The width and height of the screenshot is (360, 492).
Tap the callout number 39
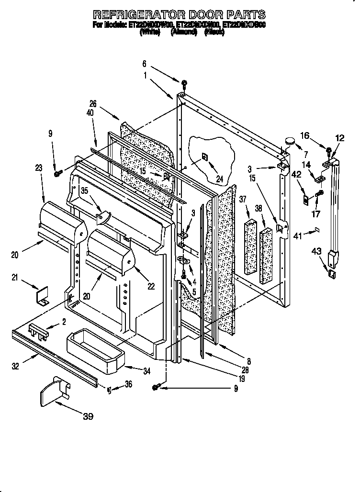[x=88, y=416]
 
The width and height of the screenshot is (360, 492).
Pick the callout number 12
[x=340, y=139]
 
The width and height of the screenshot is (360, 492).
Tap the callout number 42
[x=296, y=175]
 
